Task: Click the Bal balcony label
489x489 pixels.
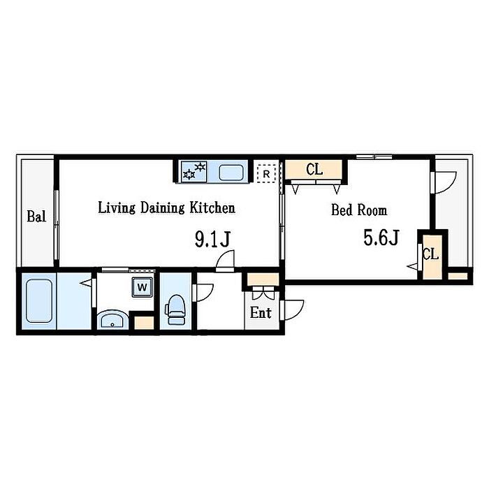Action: click(36, 216)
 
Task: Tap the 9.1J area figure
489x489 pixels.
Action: click(212, 239)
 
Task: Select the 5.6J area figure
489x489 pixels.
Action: click(381, 238)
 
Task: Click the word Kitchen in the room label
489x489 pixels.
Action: click(212, 207)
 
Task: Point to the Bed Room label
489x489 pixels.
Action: click(359, 210)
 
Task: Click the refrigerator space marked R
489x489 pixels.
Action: click(266, 174)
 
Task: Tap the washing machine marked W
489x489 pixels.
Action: click(143, 287)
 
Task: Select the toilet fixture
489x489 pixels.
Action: click(175, 309)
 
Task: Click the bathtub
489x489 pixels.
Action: click(39, 301)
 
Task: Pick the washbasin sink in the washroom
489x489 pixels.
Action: click(112, 320)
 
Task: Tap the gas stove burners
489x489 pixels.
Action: click(194, 171)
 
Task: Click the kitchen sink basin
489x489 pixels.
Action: click(231, 173)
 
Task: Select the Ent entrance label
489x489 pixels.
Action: click(261, 313)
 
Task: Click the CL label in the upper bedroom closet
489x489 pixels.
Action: click(314, 170)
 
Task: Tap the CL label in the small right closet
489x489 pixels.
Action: click(431, 254)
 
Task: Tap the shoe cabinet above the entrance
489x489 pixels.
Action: click(263, 279)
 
